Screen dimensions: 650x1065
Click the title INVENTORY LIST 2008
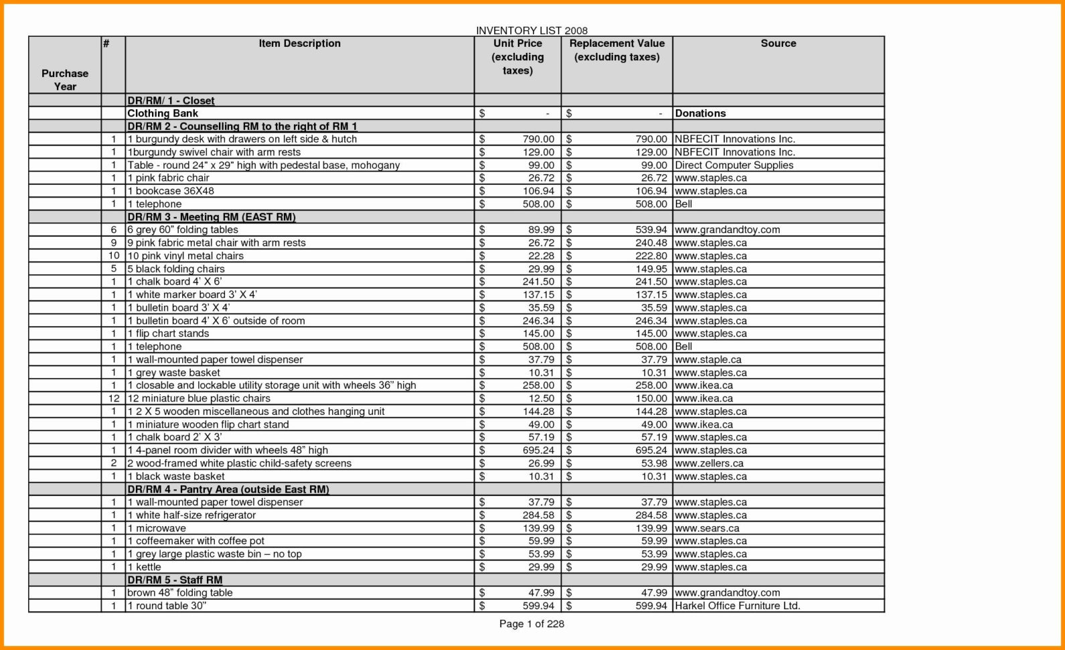pyautogui.click(x=531, y=31)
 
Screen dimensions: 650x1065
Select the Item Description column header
pyautogui.click(x=299, y=44)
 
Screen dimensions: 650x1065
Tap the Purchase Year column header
pyautogui.click(x=65, y=80)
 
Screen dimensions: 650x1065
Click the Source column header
pyautogui.click(x=778, y=44)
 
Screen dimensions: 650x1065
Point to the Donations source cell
pyautogui.click(x=701, y=113)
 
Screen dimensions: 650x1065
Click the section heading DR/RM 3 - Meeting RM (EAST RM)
pyautogui.click(x=211, y=217)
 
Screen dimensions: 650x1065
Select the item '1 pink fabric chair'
pyautogui.click(x=168, y=178)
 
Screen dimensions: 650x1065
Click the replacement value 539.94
pyautogui.click(x=651, y=230)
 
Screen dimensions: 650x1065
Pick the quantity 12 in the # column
pyautogui.click(x=114, y=398)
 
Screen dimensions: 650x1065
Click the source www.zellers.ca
pyautogui.click(x=709, y=463)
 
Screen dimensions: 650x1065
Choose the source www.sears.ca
pyautogui.click(x=707, y=528)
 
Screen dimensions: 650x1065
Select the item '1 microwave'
pyautogui.click(x=157, y=528)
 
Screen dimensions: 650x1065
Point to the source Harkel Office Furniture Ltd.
pyautogui.click(x=737, y=606)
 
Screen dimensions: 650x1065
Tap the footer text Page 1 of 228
pyautogui.click(x=532, y=624)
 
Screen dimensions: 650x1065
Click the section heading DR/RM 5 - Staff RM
pyautogui.click(x=174, y=580)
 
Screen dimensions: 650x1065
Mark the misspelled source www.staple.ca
pyautogui.click(x=708, y=360)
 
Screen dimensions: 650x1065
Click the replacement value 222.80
pyautogui.click(x=651, y=256)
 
